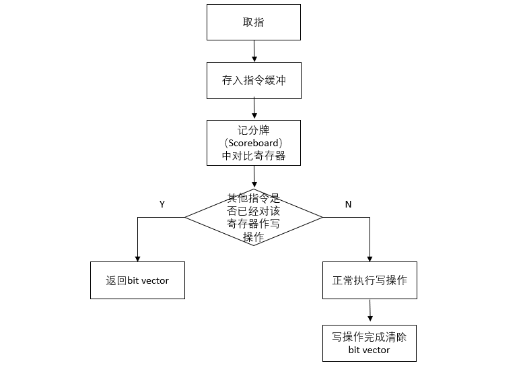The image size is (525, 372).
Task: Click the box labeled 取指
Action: (254, 22)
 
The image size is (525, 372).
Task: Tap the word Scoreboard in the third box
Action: (254, 143)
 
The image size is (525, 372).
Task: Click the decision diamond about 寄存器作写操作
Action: (254, 217)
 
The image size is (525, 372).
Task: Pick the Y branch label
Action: (162, 204)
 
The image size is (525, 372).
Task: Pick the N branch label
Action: (348, 204)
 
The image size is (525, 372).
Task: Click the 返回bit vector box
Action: (137, 280)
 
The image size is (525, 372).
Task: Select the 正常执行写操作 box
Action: (370, 280)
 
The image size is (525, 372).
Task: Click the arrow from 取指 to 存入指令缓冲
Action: (254, 51)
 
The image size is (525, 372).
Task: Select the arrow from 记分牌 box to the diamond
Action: (254, 177)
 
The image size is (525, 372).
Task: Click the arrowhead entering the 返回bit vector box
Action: (137, 258)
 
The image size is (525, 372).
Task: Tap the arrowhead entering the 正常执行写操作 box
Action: (370, 258)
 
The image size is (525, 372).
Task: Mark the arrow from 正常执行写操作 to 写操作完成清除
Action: (370, 311)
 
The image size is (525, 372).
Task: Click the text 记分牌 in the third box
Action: (254, 129)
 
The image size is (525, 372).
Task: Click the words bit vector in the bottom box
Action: (370, 350)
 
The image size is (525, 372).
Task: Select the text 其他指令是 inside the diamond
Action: (254, 198)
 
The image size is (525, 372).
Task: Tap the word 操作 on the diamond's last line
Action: (254, 237)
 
